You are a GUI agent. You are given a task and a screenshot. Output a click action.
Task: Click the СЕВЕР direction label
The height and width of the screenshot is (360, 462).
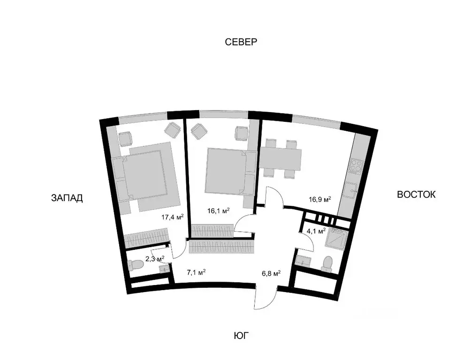[241, 42]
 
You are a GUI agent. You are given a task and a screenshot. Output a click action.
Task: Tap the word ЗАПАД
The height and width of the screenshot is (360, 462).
[67, 198]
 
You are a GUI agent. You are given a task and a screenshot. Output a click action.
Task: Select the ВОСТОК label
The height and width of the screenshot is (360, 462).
[416, 195]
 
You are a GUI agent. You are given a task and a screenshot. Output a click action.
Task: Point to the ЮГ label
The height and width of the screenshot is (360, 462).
[241, 335]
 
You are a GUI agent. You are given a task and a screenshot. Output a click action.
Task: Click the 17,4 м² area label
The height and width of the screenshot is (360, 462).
[172, 217]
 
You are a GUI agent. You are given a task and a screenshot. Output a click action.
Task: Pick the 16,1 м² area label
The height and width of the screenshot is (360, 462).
[218, 211]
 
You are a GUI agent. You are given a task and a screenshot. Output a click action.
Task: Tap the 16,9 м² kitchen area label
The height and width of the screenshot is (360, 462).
[320, 200]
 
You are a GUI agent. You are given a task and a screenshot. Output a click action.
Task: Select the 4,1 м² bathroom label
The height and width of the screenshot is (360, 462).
[316, 231]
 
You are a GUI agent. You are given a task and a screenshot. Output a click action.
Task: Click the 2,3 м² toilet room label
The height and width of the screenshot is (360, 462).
[155, 259]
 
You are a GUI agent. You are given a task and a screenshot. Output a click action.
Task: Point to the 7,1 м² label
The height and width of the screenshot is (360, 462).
[196, 272]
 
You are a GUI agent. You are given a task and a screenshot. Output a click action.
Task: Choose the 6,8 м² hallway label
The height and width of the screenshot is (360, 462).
[271, 274]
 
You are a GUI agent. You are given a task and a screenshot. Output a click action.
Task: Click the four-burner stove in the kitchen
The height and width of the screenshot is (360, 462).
[355, 166]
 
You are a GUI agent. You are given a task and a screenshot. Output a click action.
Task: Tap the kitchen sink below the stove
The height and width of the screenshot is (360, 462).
[351, 190]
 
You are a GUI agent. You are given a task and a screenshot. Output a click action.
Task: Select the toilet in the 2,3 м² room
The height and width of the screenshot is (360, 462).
[136, 265]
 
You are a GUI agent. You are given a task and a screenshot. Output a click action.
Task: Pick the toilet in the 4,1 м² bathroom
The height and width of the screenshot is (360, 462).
[327, 264]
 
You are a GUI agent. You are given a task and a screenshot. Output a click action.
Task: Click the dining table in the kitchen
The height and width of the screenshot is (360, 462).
[280, 159]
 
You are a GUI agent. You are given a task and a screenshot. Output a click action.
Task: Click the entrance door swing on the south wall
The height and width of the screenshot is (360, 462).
[265, 297]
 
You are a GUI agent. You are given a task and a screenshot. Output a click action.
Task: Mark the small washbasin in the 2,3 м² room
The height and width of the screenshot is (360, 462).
[165, 268]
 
